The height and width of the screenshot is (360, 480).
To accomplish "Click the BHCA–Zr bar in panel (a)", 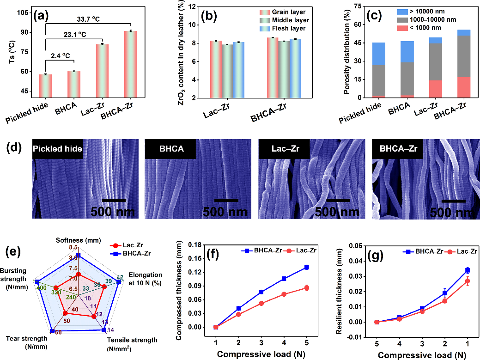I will tap(130, 64).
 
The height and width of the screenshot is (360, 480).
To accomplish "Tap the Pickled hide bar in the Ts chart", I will tap(45, 86).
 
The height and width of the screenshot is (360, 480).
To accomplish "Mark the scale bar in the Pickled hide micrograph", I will tap(113, 201).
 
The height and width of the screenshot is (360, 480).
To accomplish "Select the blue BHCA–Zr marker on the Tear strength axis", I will tap(52, 330).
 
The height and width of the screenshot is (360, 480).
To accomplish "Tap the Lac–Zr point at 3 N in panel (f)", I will tap(261, 303).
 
